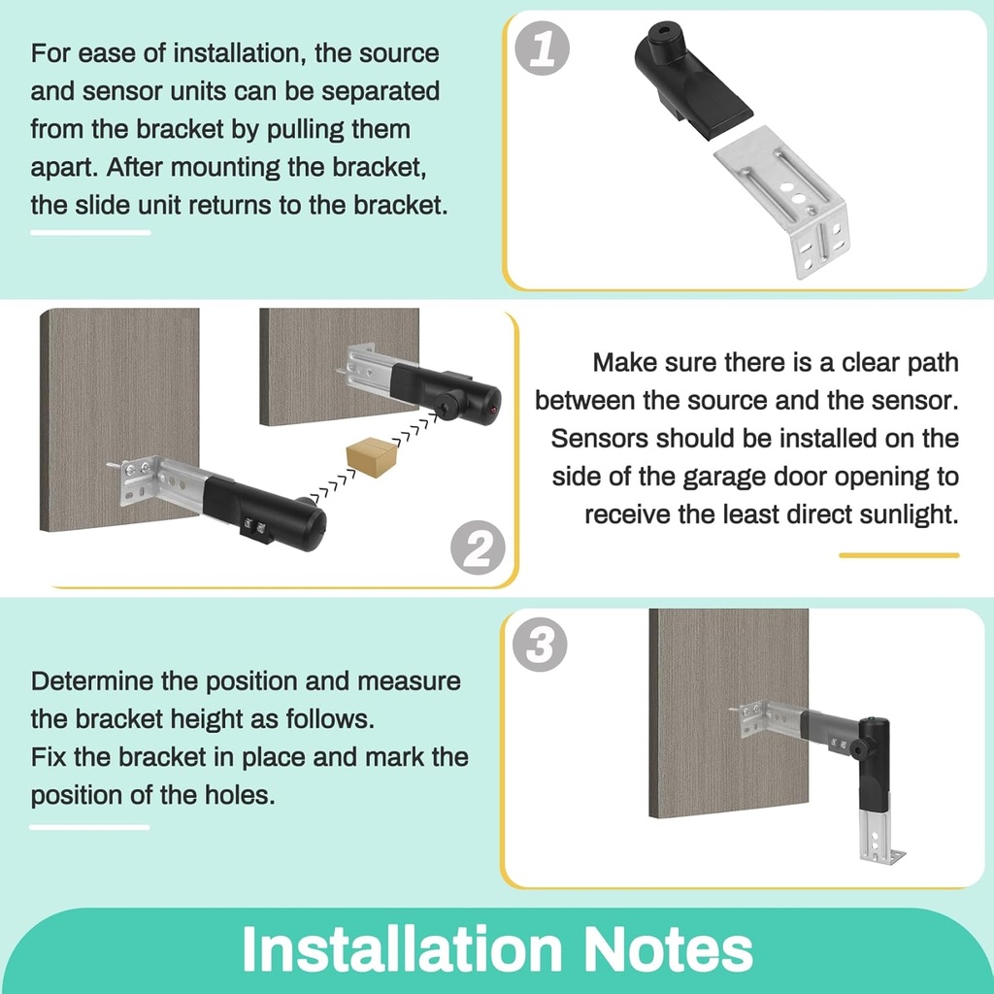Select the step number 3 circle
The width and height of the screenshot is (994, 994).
click(x=539, y=645)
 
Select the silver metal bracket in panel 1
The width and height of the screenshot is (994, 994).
click(x=786, y=199)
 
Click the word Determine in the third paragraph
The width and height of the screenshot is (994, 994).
click(x=92, y=680)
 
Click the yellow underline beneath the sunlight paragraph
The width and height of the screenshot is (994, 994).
click(x=898, y=555)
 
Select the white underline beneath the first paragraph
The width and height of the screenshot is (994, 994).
click(x=90, y=232)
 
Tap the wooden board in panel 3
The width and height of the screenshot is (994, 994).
click(x=728, y=670)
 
